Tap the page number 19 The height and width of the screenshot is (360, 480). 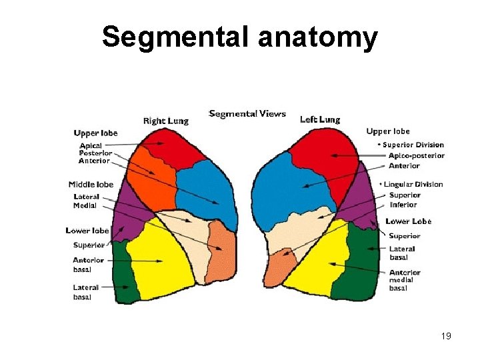click(446, 336)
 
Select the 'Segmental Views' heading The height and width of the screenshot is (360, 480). click(247, 113)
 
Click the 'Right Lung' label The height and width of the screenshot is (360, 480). click(166, 121)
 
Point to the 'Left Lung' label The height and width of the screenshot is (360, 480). click(320, 120)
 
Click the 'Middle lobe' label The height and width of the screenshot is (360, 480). click(91, 185)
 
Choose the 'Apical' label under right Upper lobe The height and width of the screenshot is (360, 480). click(91, 145)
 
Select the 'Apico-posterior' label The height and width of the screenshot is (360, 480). click(417, 155)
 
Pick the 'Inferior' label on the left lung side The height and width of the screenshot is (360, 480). click(403, 205)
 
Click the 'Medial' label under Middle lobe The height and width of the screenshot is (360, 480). click(85, 205)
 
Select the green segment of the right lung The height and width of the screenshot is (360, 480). click(124, 273)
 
